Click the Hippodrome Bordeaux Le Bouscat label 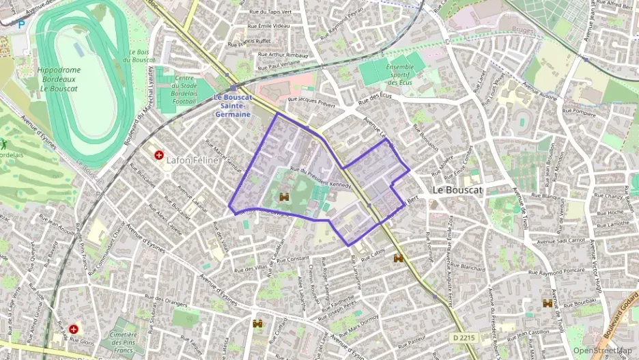point(59,79)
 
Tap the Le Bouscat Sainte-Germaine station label point(233,106)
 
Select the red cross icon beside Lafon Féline point(158,155)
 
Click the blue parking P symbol point(21,24)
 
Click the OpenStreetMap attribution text point(603,351)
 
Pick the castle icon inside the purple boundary point(285,197)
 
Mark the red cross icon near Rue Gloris point(73,329)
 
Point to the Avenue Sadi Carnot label point(561,240)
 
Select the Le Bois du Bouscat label point(141,57)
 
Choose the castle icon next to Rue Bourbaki point(548,303)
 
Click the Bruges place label point(523,29)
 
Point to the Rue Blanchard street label point(468,266)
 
